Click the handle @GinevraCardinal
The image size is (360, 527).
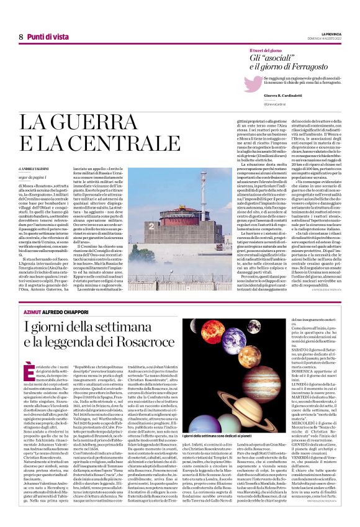[278, 104]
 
